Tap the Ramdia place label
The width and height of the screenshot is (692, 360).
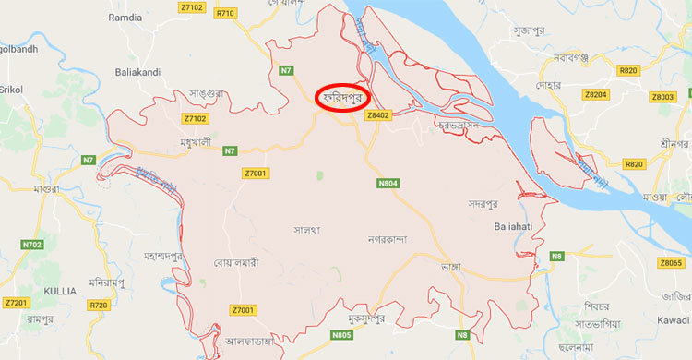click(125, 17)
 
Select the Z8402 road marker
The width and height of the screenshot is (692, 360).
click(378, 115)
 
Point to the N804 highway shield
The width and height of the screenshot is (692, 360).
click(388, 183)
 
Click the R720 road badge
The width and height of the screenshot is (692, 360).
click(99, 304)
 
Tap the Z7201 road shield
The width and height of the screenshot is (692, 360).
click(17, 302)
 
